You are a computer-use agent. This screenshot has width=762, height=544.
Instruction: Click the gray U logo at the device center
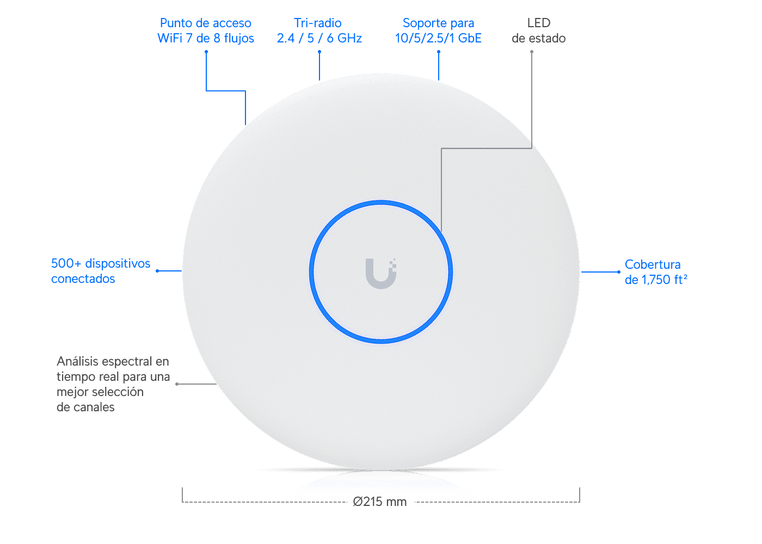(381, 274)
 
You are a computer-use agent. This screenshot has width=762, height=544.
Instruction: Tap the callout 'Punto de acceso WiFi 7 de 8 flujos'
(206, 30)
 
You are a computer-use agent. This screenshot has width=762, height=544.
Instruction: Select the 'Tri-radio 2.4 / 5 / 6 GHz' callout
(319, 30)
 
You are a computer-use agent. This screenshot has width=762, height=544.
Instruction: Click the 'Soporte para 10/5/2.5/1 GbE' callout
(438, 30)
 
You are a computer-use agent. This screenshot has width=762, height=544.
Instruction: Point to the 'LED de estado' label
(538, 30)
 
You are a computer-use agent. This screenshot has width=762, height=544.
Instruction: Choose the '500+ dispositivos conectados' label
(100, 271)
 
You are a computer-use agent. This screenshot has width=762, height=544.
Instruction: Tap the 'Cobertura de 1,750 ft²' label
(656, 272)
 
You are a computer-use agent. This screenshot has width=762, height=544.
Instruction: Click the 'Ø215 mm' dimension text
(380, 502)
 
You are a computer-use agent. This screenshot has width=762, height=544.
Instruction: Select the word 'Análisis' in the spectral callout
(77, 361)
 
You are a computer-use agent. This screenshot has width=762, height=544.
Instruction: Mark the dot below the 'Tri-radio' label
(319, 52)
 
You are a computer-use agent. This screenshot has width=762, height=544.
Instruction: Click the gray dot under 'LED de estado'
(532, 52)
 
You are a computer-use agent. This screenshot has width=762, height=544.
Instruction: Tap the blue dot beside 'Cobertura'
(619, 272)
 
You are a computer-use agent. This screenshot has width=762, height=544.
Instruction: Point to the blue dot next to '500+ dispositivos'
(157, 271)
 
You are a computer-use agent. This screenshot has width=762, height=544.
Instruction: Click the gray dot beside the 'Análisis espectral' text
(177, 384)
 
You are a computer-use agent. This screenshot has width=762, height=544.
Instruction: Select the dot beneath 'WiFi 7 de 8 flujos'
(206, 52)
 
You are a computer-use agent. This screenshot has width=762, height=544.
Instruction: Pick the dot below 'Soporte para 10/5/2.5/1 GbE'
(439, 52)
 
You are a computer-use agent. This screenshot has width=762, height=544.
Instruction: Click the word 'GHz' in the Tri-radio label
(349, 38)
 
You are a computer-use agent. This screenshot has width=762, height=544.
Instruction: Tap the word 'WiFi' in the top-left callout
(170, 38)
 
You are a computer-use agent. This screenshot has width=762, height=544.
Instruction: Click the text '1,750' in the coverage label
(656, 280)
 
